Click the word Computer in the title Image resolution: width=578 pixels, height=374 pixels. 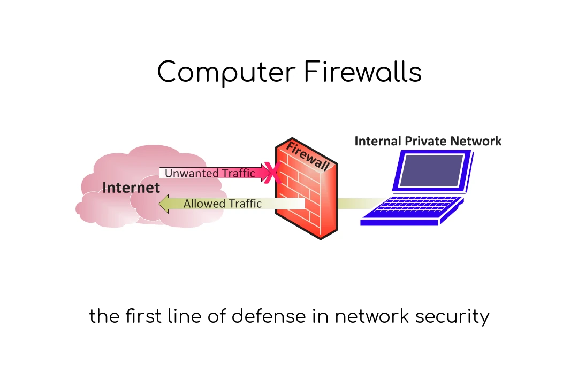click(226, 73)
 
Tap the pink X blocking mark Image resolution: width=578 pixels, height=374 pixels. click(273, 173)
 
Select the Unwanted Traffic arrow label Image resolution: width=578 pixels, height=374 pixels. click(209, 173)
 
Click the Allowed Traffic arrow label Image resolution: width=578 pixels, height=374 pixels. click(222, 204)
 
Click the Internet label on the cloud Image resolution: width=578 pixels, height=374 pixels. click(131, 188)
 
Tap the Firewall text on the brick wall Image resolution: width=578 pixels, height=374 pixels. click(308, 155)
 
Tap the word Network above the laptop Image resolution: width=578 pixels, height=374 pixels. click(477, 141)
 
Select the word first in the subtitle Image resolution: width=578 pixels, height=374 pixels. click(142, 316)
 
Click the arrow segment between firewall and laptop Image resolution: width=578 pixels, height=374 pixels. click(355, 204)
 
